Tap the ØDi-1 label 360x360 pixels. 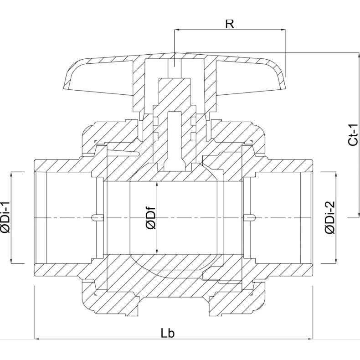click(6, 217)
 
